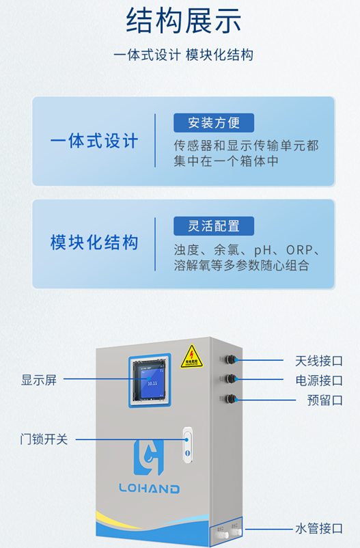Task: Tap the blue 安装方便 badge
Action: point(214,123)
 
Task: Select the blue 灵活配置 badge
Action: point(214,225)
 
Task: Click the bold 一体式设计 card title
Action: point(94,141)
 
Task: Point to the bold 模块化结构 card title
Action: point(94,243)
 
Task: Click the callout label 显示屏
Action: point(39,380)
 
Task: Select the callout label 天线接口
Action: point(318,360)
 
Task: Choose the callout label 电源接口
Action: point(318,381)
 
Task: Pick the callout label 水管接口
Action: point(318,528)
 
